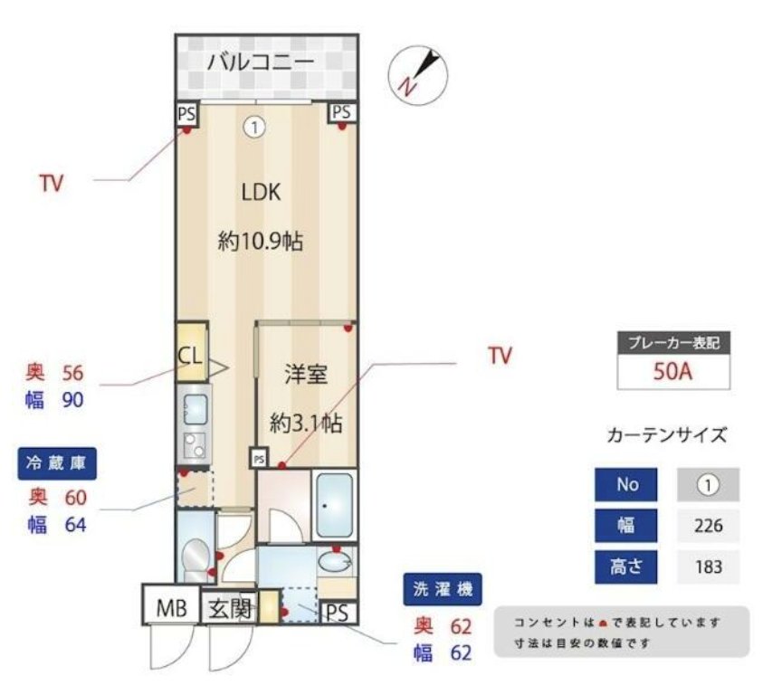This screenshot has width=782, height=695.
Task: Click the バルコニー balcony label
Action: click(x=260, y=62)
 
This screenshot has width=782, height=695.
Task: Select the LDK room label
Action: click(x=261, y=192)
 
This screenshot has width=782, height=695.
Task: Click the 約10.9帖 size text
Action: click(x=261, y=242)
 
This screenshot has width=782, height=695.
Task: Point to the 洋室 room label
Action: click(x=306, y=375)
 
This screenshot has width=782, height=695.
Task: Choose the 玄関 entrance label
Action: click(x=230, y=608)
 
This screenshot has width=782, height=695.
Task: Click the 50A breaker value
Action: click(x=673, y=371)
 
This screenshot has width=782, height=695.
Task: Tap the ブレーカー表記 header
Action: click(x=673, y=344)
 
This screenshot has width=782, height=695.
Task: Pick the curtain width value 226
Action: click(x=708, y=526)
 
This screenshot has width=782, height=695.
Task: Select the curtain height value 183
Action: click(x=708, y=567)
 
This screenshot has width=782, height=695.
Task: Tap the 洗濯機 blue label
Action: click(x=443, y=590)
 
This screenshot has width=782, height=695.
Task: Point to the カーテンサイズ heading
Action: click(x=666, y=435)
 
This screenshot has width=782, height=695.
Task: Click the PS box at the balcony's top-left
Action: click(x=186, y=113)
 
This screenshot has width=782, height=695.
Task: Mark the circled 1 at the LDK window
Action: click(x=254, y=128)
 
